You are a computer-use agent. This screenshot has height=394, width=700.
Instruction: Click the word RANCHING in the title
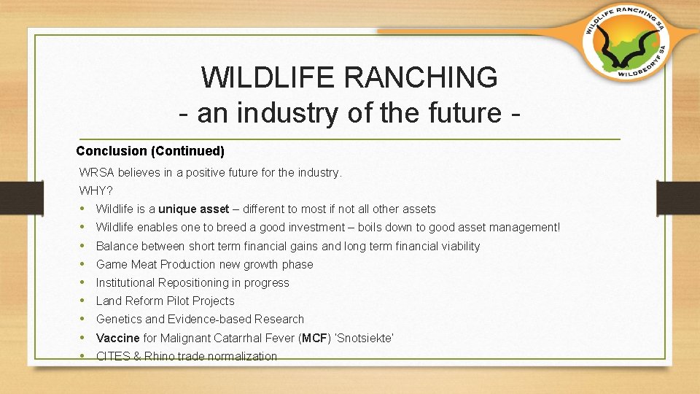[x=421, y=77]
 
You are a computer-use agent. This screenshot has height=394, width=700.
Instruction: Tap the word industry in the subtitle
[x=287, y=114]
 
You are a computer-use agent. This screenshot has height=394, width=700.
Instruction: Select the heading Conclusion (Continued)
[x=150, y=151]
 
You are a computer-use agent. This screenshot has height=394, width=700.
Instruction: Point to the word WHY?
[x=96, y=190]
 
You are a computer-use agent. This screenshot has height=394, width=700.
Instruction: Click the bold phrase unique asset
[x=194, y=209]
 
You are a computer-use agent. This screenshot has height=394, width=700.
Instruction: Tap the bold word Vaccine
[x=118, y=338]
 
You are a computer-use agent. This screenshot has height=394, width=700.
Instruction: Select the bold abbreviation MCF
[x=315, y=338]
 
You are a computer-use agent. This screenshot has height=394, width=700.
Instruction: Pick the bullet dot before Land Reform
[x=82, y=301]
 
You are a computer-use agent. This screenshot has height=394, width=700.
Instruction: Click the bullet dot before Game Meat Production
[x=82, y=264]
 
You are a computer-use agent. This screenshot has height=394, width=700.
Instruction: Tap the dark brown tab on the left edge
[x=22, y=198]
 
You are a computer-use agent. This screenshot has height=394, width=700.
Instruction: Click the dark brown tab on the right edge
[x=678, y=198]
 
